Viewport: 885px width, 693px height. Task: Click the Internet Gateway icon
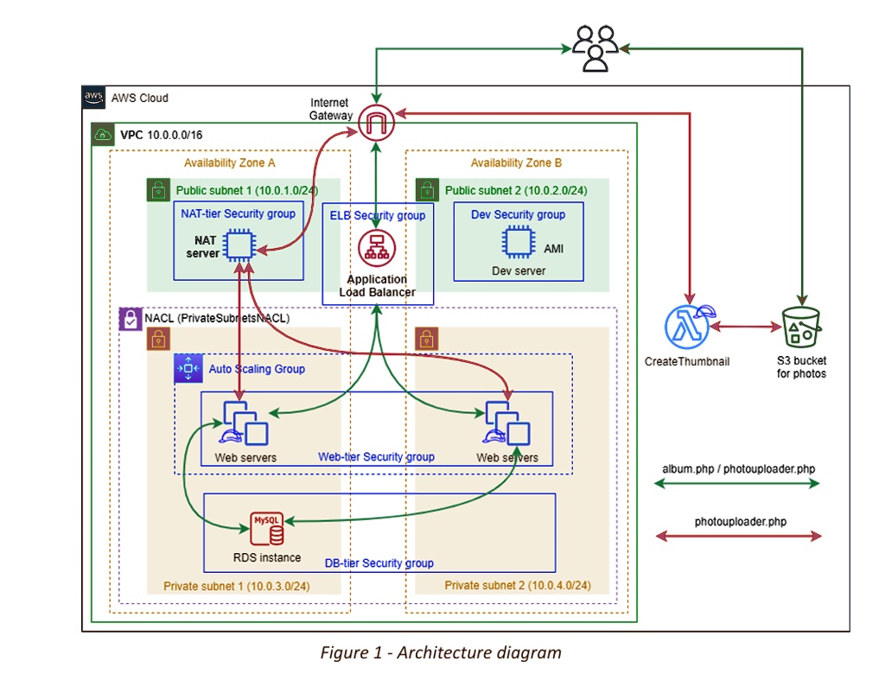tap(376, 122)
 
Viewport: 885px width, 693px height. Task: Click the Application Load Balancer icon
tap(377, 250)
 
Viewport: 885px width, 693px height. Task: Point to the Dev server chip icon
tap(518, 243)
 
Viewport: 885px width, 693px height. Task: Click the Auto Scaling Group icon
tap(188, 368)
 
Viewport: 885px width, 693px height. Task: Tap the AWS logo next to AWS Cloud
tap(94, 98)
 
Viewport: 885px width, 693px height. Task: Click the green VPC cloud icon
tap(103, 135)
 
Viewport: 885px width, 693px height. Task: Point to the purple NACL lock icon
tap(129, 318)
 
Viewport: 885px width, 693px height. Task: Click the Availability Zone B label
tap(516, 162)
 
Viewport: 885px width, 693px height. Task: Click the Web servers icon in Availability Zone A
tap(245, 423)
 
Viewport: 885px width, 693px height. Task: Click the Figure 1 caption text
tap(441, 653)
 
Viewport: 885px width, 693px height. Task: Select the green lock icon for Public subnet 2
tap(426, 189)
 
